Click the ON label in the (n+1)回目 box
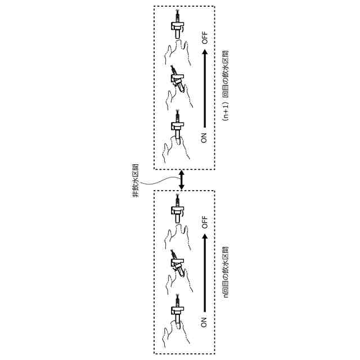[204, 137]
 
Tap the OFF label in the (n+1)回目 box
[204, 38]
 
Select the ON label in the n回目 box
[204, 321]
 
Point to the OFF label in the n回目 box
[204, 222]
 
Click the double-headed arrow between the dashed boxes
[181, 180]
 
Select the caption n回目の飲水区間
[226, 272]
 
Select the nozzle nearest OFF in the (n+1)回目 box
[178, 27]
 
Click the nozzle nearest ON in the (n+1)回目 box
[178, 125]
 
